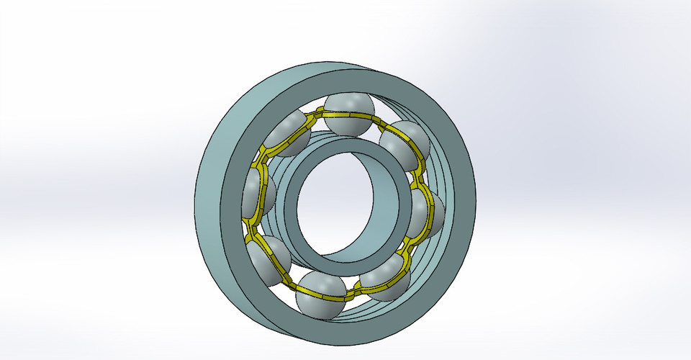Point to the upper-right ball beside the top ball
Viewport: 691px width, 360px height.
405,146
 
